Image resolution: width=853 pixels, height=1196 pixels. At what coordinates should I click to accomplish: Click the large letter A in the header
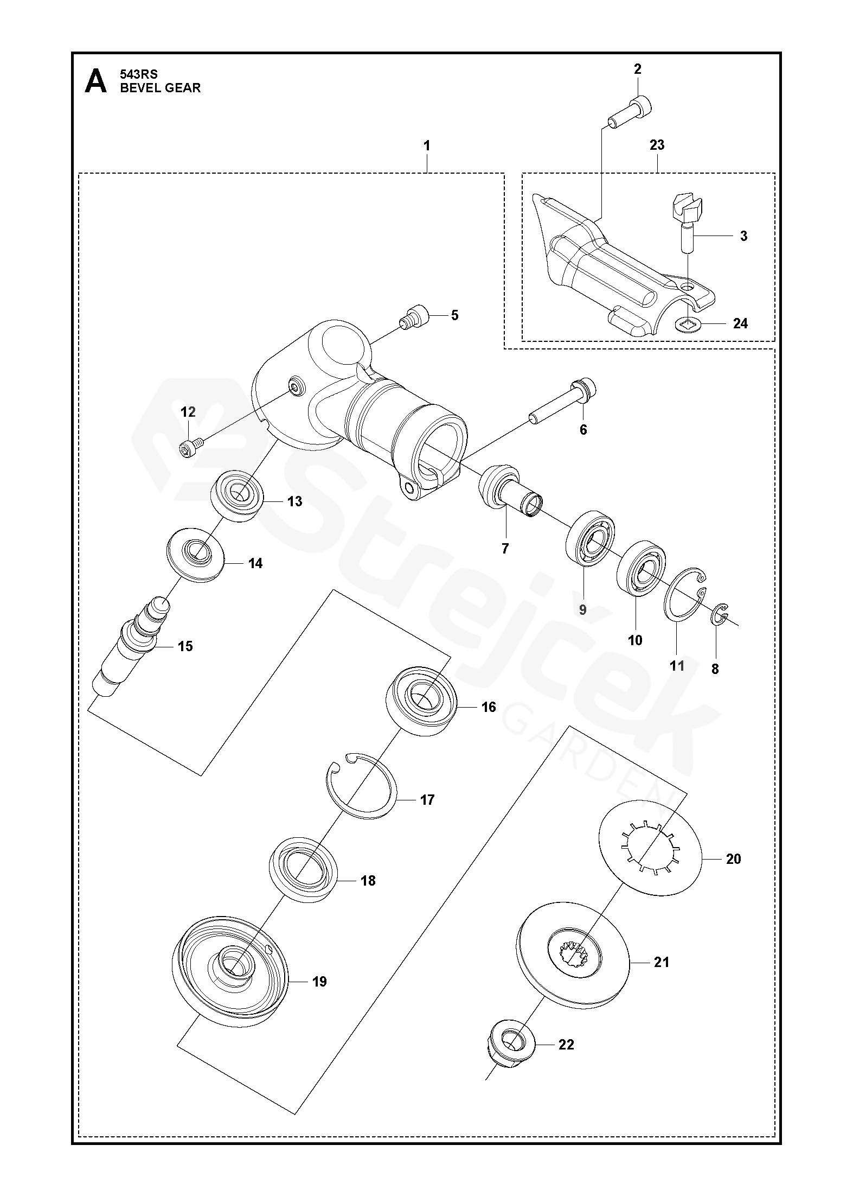[x=96, y=81]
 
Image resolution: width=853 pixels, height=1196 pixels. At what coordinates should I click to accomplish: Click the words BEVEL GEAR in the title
[x=160, y=88]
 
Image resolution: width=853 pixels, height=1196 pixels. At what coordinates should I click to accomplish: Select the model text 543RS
[x=138, y=75]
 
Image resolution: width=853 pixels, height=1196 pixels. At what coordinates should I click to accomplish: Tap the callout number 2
[x=637, y=69]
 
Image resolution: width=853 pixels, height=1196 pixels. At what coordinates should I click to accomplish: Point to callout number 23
[x=657, y=145]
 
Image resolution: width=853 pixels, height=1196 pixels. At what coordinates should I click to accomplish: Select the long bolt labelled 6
[x=564, y=403]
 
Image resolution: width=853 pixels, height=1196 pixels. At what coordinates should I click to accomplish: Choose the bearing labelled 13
[x=237, y=496]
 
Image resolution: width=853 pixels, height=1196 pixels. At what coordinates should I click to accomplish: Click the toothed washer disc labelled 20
[x=650, y=854]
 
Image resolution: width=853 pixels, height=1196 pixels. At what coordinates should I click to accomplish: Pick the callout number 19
[x=319, y=981]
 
